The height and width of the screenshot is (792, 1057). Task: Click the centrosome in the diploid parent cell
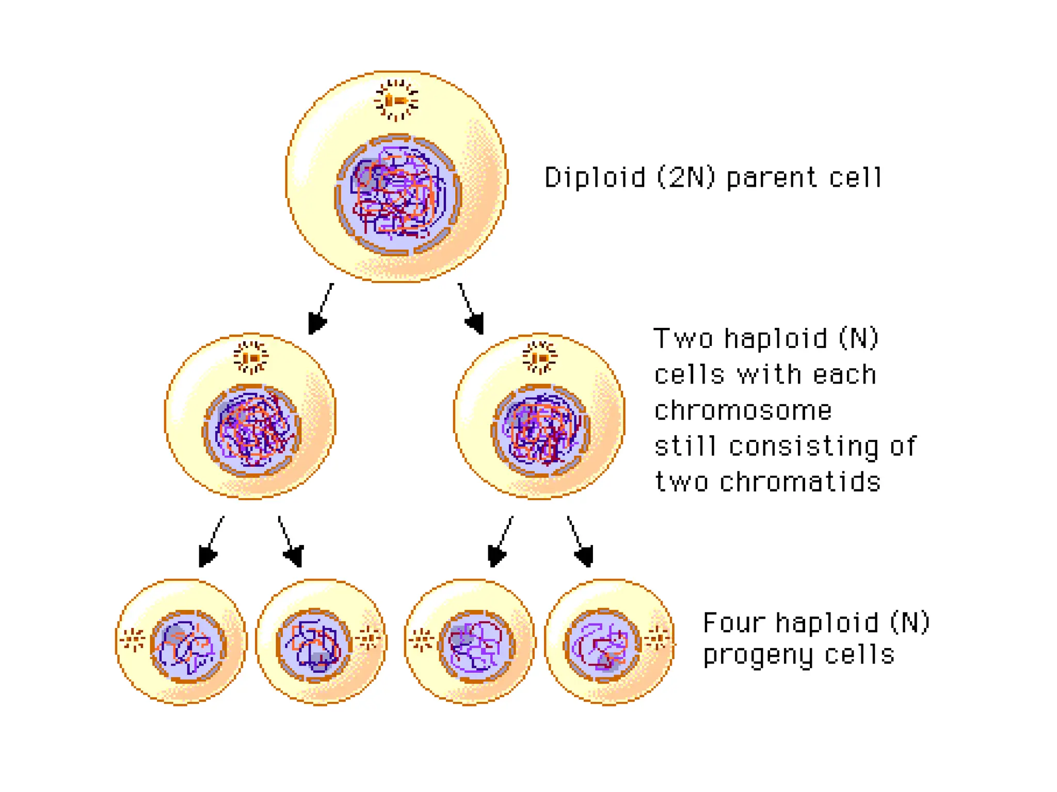point(396,100)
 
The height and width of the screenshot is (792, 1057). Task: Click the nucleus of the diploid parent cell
point(397,195)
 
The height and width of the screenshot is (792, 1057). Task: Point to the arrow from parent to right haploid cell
point(471,309)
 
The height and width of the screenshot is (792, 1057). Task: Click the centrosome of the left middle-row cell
point(251,357)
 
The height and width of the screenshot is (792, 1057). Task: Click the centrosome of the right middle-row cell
point(540,357)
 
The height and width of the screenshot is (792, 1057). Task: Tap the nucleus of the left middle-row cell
point(251,431)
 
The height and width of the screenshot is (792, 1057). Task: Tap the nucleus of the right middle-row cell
point(540,431)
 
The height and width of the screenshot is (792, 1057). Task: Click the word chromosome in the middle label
point(743,411)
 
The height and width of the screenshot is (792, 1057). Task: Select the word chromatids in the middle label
point(800,483)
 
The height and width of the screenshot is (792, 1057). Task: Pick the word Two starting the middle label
point(683,339)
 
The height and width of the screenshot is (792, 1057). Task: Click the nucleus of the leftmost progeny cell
point(188,646)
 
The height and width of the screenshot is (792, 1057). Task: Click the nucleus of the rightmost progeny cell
point(602,646)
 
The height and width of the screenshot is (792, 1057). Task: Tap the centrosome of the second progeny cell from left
point(369,639)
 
